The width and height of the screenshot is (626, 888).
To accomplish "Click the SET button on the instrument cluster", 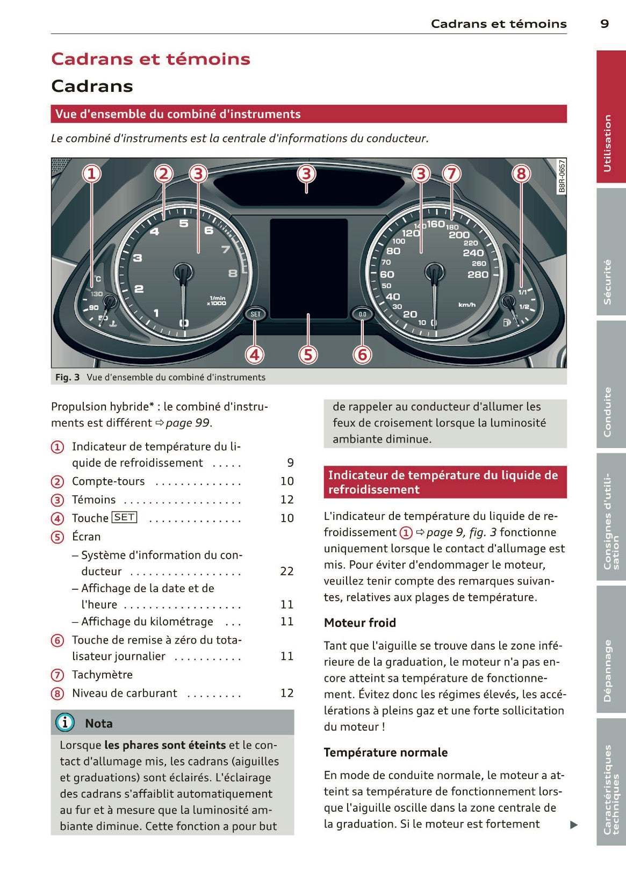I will pyautogui.click(x=255, y=314).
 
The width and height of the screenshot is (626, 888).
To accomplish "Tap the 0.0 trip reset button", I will pyautogui.click(x=362, y=314).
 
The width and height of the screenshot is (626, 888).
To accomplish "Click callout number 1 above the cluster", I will pyautogui.click(x=91, y=174).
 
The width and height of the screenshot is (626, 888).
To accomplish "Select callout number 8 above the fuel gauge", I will pyautogui.click(x=520, y=174).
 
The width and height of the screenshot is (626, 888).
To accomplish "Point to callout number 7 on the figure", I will pyautogui.click(x=451, y=174).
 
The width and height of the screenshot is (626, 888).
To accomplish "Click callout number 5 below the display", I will pyautogui.click(x=308, y=355).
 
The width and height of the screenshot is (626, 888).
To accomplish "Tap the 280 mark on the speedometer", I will pyautogui.click(x=478, y=275).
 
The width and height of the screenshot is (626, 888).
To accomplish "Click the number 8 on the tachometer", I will pyautogui.click(x=233, y=273).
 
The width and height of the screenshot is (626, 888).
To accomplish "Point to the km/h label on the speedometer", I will pyautogui.click(x=466, y=305).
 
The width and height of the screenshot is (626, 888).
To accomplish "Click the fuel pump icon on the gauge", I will pyautogui.click(x=506, y=322).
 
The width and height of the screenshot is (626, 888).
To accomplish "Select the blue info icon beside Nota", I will pyautogui.click(x=65, y=723).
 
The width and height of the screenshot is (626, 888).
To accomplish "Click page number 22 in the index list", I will pyautogui.click(x=287, y=571).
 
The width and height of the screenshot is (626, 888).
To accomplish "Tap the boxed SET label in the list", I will pyautogui.click(x=125, y=517).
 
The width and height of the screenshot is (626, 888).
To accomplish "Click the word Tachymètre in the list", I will pyautogui.click(x=102, y=675).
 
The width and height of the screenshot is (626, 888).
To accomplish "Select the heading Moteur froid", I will pyautogui.click(x=359, y=623).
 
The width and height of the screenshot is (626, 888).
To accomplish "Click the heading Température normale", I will pyautogui.click(x=385, y=752).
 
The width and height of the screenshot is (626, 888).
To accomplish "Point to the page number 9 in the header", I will pyautogui.click(x=605, y=24).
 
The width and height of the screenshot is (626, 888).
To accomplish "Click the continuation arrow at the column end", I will pyautogui.click(x=574, y=825).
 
